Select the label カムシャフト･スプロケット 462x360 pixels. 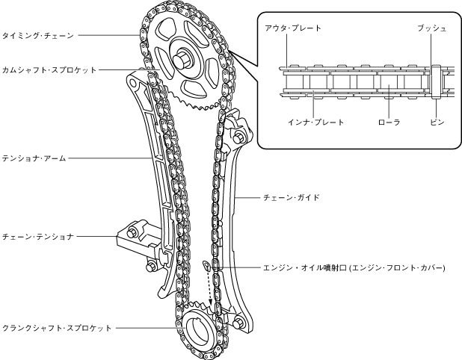coord(49,69)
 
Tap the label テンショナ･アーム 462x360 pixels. coord(34,159)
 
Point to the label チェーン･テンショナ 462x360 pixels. coord(37,237)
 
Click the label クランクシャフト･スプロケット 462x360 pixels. coord(56,327)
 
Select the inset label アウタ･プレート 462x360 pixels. coord(293,28)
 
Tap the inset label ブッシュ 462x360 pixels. coord(434,28)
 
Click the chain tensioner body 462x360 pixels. coord(138,235)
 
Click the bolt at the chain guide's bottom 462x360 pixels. coord(241,322)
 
